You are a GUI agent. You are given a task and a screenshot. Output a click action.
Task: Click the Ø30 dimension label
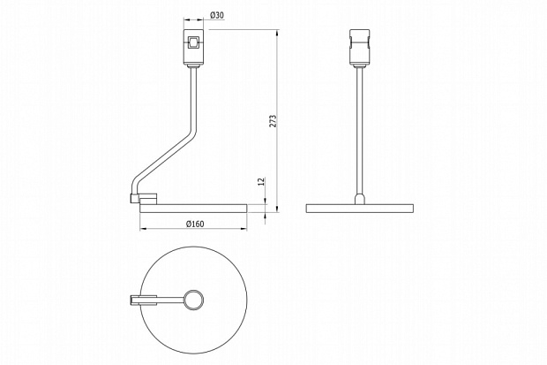coord(217,15)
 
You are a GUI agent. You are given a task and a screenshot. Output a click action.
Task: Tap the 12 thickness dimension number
coord(262,181)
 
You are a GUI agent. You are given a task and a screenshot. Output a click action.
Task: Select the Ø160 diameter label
coord(195,224)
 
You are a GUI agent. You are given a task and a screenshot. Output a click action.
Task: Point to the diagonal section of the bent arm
coord(163,156)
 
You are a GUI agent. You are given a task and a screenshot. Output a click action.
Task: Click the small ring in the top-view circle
coord(194,300)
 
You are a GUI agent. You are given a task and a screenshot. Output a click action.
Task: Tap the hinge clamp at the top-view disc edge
coord(144,300)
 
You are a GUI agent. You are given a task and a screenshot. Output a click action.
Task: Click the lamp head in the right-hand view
coord(359,48)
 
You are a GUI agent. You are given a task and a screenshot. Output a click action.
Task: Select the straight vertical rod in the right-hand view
coord(359,130)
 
